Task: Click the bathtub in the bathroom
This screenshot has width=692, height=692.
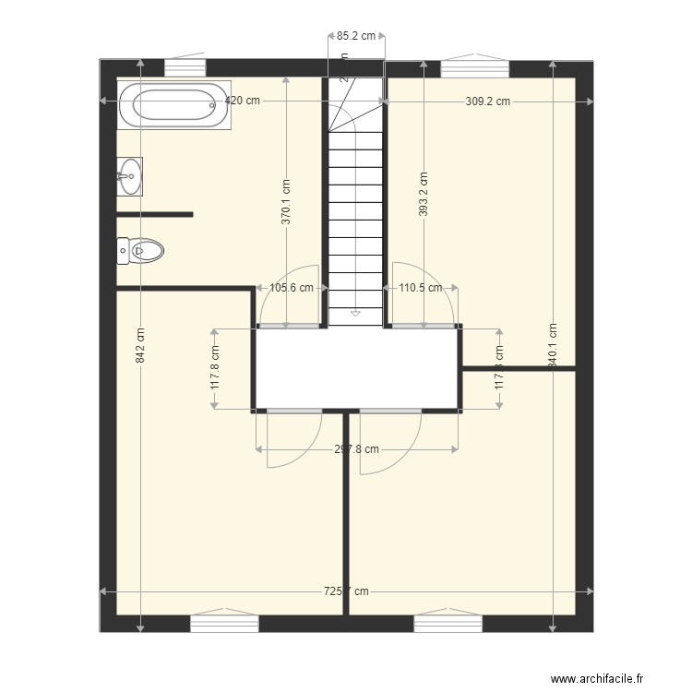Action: point(173,105)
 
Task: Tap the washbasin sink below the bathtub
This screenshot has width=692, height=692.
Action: point(130,175)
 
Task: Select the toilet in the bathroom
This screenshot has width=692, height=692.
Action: point(139,250)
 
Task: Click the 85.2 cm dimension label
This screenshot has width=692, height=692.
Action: point(356,37)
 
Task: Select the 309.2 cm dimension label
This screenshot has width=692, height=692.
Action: point(488,101)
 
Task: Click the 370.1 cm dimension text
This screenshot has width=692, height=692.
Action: point(286,202)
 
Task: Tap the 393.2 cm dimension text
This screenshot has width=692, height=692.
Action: point(424,195)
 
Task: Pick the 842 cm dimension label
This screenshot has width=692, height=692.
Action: point(140,346)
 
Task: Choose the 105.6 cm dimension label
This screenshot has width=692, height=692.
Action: point(292,288)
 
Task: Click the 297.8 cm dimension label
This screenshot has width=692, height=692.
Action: point(356,450)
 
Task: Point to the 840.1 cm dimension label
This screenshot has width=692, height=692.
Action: point(553,346)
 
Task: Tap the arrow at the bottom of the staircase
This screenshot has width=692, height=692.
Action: point(355,315)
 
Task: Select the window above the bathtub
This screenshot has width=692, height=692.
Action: point(185,68)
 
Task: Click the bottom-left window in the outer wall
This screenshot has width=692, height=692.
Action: point(224,624)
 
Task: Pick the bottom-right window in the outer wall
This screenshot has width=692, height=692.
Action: point(447,624)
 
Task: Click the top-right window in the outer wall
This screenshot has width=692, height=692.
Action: point(474,68)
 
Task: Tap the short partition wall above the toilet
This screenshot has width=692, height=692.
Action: point(154,214)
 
